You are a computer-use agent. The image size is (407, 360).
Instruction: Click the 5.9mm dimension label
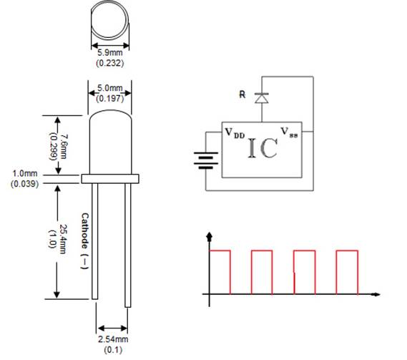[109, 53]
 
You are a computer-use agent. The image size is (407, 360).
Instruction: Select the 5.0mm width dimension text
[109, 89]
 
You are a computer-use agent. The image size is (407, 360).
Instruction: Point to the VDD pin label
[233, 132]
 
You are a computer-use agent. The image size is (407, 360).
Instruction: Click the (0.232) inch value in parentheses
[109, 64]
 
